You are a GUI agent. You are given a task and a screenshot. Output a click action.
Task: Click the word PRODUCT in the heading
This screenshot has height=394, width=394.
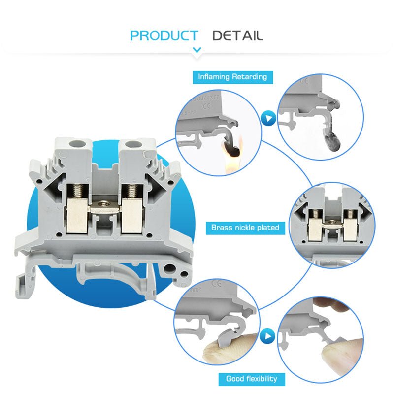coord(164,35)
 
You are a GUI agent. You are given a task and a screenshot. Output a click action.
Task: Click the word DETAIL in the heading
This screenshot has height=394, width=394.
coord(237,35)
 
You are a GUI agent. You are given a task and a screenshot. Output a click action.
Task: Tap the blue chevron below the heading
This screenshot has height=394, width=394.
coord(197,50)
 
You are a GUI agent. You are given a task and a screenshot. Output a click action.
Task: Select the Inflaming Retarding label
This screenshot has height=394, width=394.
coord(232,77)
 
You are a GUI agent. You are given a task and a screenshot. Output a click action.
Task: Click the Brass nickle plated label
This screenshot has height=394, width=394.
coord(245,228)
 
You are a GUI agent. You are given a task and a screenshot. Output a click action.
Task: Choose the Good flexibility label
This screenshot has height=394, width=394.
coord(252,379)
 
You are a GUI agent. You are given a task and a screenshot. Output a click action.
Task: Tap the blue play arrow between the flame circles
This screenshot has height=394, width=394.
coord(267,118)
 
